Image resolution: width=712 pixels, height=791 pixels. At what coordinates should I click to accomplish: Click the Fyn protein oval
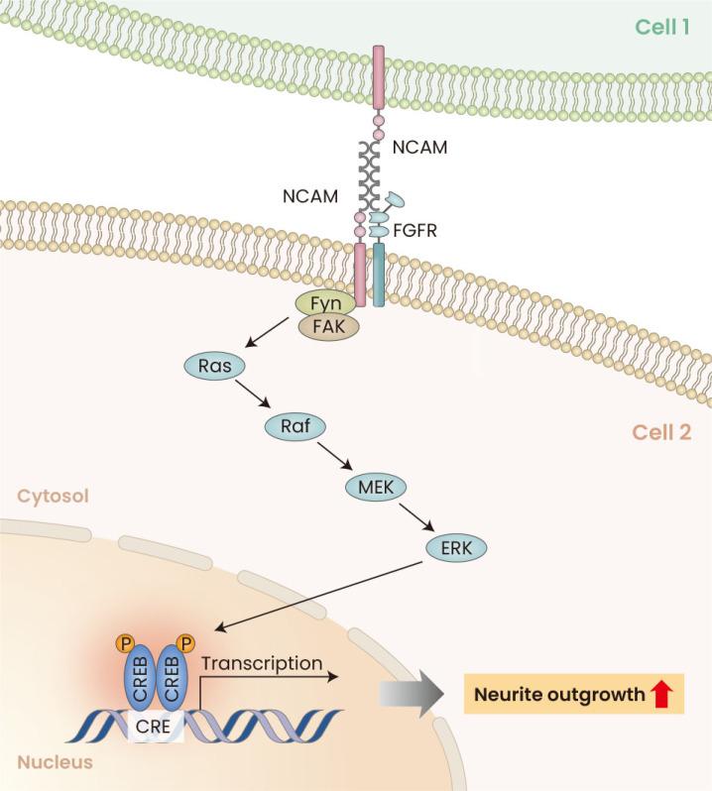(319, 300)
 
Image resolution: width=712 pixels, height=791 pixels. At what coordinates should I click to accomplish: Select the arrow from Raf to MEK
(331, 457)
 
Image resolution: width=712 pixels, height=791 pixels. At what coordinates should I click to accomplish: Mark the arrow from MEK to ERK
(415, 515)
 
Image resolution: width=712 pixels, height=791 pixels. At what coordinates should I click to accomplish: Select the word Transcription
(261, 663)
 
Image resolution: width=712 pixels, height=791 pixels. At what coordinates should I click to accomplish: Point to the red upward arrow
(661, 695)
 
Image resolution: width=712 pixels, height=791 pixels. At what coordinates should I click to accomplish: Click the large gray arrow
(411, 695)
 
